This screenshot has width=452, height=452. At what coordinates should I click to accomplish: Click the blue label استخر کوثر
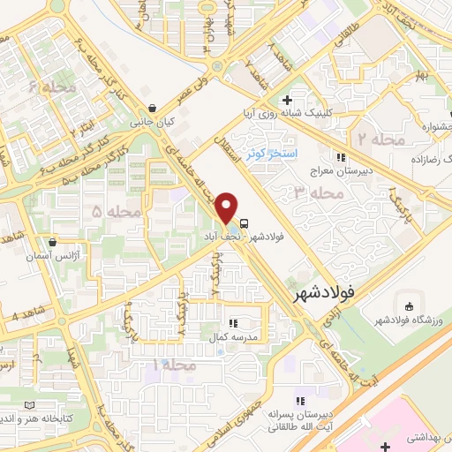[x=275, y=153]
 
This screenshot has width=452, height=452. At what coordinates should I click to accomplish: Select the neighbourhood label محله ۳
[x=320, y=192]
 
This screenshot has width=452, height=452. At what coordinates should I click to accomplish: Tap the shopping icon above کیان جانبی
[x=154, y=109]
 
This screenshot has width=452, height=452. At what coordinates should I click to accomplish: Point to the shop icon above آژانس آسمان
[x=53, y=241]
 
